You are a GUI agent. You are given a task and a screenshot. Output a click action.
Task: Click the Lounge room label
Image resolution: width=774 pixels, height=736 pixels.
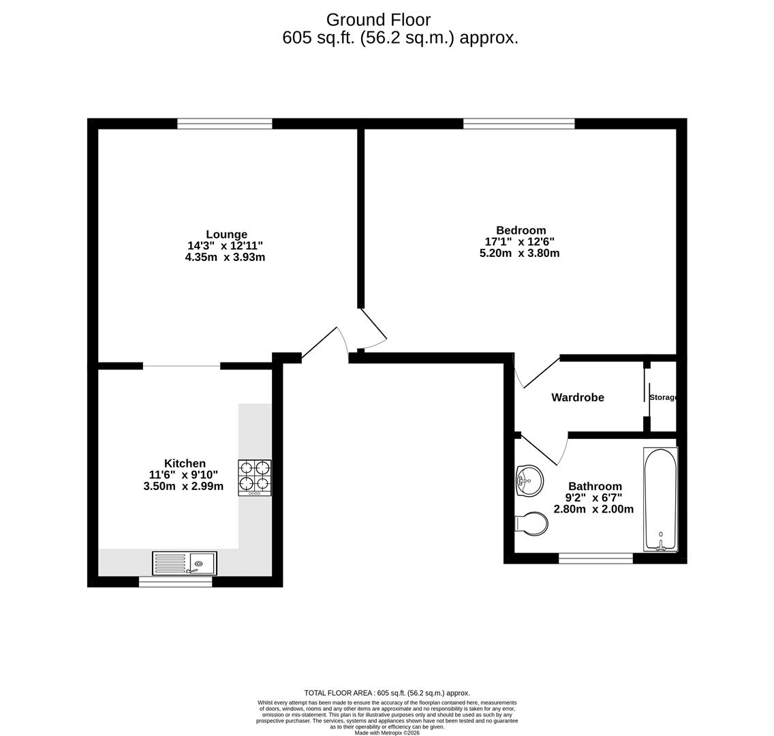[x=226, y=234]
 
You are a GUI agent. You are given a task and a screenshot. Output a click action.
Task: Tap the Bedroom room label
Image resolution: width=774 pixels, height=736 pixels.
[x=521, y=230]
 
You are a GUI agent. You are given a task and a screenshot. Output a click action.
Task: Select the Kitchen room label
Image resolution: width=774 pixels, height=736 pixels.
[x=185, y=463]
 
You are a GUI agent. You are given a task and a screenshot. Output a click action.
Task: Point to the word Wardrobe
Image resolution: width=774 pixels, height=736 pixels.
[x=577, y=397]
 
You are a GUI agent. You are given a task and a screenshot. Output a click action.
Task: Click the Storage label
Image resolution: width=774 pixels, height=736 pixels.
[x=662, y=397]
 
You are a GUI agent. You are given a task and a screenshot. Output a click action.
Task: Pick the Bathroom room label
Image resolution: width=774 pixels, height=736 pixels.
[x=595, y=487]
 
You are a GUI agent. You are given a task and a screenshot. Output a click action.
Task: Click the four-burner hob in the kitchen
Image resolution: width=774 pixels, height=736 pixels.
[x=254, y=477]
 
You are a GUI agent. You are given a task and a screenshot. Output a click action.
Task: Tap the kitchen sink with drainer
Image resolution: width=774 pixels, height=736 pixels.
[x=185, y=564]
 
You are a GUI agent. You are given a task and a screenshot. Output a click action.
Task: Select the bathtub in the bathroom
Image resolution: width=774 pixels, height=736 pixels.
[x=660, y=499]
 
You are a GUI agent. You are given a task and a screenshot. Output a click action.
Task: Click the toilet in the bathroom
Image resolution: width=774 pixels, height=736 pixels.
[x=531, y=524]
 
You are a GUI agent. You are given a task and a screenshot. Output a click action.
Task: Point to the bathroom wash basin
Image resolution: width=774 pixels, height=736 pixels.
[x=529, y=481]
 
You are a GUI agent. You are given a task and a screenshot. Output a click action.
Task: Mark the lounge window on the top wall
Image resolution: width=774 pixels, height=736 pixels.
[x=225, y=123]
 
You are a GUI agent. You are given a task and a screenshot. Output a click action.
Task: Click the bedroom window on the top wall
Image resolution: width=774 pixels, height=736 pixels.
[x=518, y=123]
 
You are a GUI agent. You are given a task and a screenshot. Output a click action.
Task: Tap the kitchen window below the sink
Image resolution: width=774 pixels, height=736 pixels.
[x=175, y=582]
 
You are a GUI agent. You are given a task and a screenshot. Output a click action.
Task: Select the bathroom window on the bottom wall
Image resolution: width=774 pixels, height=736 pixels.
[x=595, y=559]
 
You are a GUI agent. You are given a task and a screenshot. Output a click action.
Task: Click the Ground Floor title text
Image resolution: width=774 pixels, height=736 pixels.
[x=378, y=20]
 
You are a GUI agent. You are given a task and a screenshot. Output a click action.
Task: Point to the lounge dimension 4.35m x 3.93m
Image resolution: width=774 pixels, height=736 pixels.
[x=225, y=258]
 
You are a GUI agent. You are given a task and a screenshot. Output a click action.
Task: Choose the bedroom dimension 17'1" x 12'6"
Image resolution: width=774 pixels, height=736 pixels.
[x=519, y=242]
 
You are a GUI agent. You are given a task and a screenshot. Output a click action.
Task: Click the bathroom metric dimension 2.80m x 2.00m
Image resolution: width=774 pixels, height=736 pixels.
[x=593, y=510]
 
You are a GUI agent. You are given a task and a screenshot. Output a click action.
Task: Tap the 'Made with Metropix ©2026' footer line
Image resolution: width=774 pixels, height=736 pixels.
[x=387, y=733]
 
